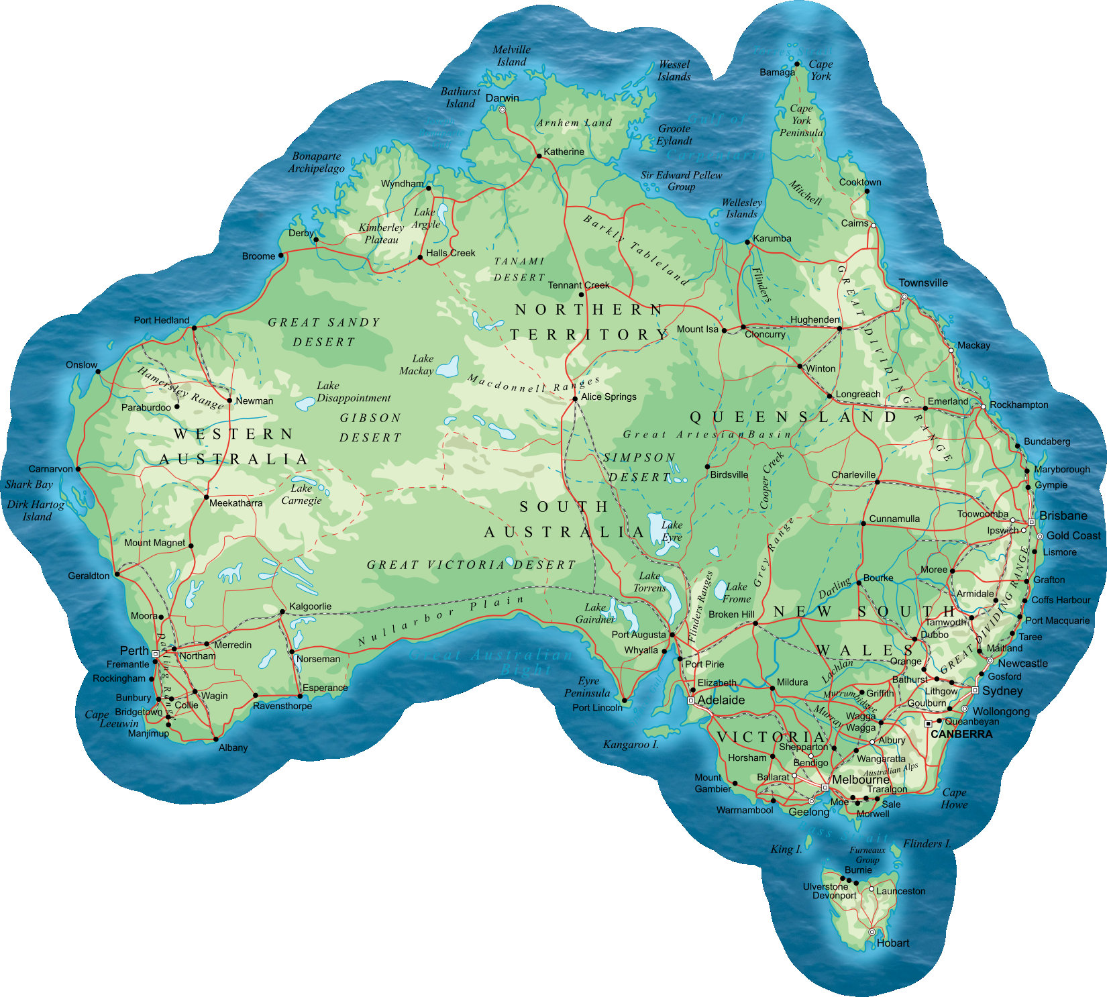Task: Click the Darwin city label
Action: tap(502, 98)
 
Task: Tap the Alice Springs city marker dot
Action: tap(575, 399)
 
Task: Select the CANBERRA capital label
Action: tap(961, 734)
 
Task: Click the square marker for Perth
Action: tap(156, 653)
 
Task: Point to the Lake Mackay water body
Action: tap(447, 367)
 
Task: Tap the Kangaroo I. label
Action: tap(630, 744)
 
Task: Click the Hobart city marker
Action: tap(872, 932)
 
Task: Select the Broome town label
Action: tap(258, 256)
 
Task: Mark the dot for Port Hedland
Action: tap(194, 328)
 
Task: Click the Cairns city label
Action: tap(854, 223)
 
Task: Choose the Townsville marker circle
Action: tap(904, 297)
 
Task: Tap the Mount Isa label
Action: tap(697, 329)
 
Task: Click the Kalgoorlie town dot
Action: tap(282, 612)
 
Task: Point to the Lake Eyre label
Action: tap(672, 531)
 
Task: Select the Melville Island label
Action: tap(511, 56)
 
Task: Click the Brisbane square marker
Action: tap(1031, 522)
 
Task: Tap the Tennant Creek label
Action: tap(578, 285)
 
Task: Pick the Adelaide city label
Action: tap(721, 700)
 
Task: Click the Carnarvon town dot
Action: tap(78, 469)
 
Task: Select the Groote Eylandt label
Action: tap(674, 135)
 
